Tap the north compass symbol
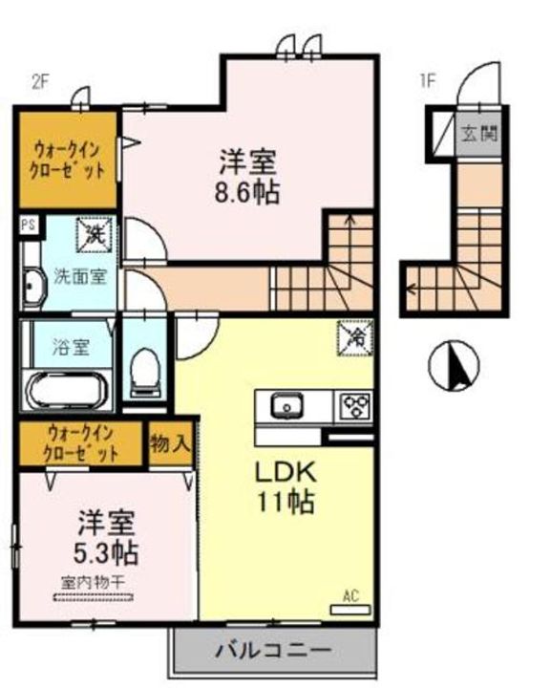[x=454, y=367]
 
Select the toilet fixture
[x=145, y=368]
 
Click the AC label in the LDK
[x=350, y=596]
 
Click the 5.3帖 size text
[x=105, y=551]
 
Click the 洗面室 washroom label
[x=78, y=273]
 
